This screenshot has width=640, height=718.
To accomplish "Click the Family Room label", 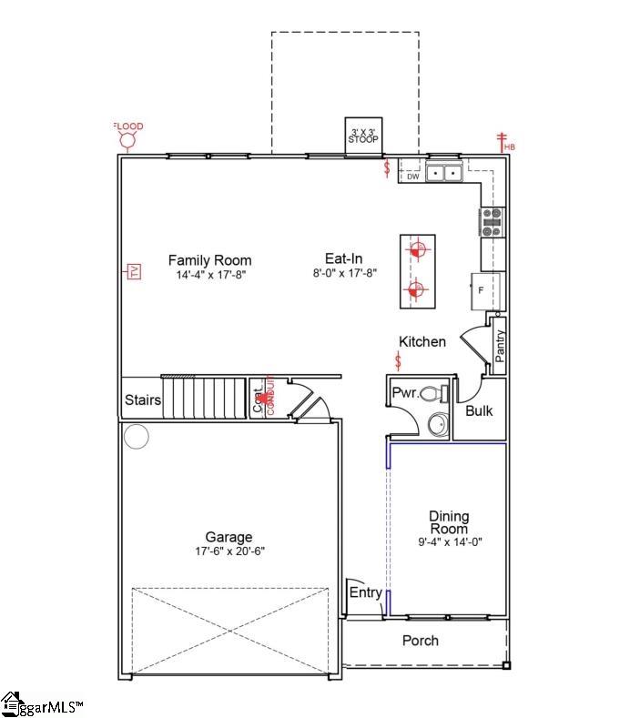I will (209, 260).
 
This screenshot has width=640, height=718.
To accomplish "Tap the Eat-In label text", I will (344, 258).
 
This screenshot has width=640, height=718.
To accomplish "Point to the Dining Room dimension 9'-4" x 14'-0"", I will (449, 541).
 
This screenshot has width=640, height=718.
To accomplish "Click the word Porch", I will (421, 641).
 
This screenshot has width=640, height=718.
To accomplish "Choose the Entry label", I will (366, 592).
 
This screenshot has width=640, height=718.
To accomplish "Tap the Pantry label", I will (500, 346).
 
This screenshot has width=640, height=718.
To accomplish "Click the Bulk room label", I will (479, 410).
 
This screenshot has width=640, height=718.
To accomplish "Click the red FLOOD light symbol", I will (128, 137).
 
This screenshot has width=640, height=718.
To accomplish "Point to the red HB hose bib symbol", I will (503, 141).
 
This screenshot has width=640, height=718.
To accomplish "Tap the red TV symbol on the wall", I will (132, 272).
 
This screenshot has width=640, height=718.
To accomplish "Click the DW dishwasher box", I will (411, 177).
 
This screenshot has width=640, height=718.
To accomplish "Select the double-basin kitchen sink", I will (445, 172).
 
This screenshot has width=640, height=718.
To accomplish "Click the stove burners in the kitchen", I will (493, 222).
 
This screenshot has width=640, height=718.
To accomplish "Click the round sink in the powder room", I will (438, 424).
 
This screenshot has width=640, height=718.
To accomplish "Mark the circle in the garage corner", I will (137, 437).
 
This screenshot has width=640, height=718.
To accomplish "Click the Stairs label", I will (143, 400).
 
